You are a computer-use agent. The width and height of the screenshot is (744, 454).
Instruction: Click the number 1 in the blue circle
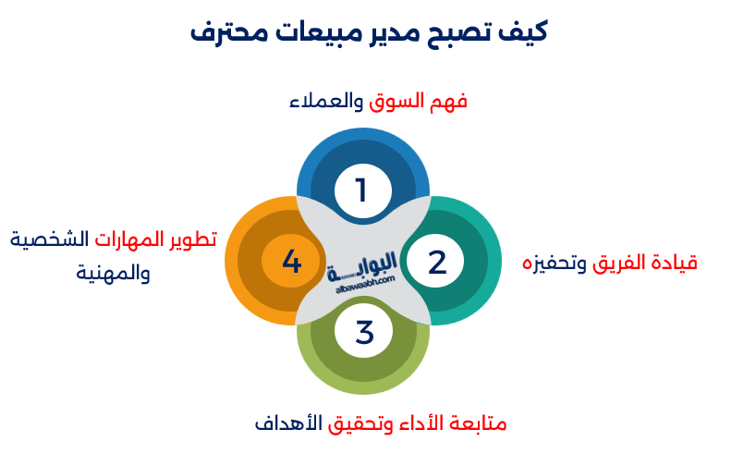(x=362, y=190)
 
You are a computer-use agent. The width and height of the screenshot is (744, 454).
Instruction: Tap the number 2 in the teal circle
(x=436, y=262)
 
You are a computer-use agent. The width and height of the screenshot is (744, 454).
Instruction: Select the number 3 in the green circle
(x=363, y=331)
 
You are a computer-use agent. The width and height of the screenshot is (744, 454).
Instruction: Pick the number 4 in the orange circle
(x=291, y=262)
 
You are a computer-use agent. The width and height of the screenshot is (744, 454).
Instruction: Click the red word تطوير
(x=193, y=239)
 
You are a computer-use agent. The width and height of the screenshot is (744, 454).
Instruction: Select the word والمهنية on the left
(x=113, y=274)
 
